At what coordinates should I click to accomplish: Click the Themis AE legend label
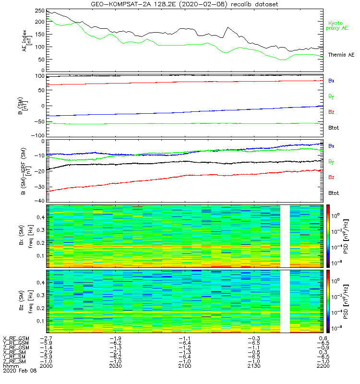(340, 55)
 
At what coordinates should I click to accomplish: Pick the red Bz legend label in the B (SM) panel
(331, 112)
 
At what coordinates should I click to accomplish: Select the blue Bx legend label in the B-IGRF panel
(331, 145)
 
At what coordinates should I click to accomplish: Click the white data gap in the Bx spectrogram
(285, 236)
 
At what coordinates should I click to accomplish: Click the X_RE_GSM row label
(16, 338)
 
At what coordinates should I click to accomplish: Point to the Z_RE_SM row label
(15, 361)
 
